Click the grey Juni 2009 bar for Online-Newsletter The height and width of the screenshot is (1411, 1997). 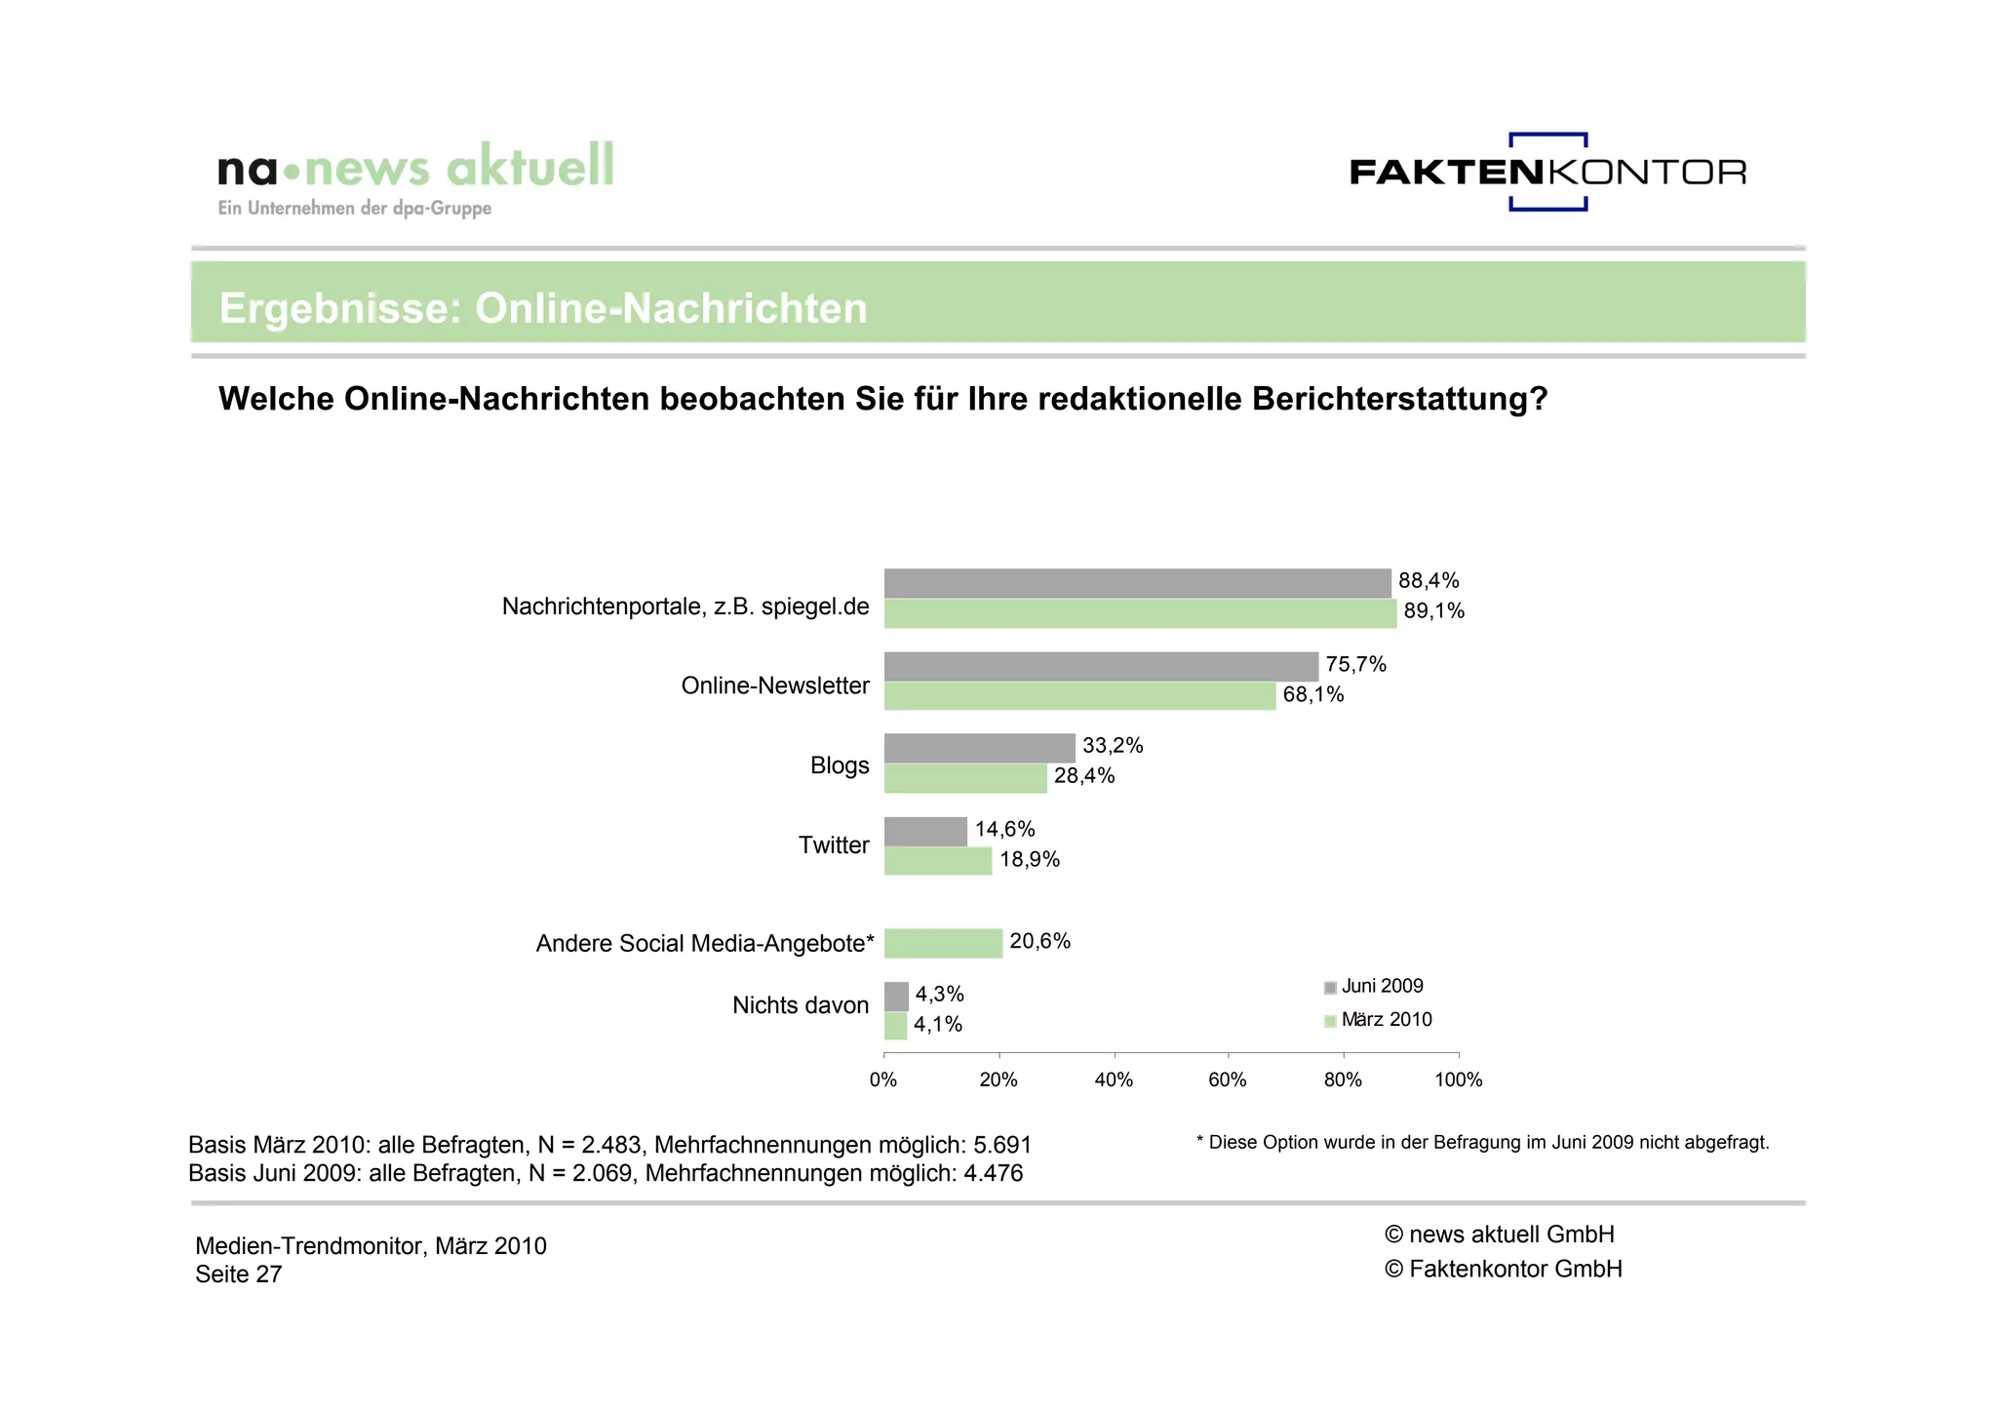click(x=1100, y=667)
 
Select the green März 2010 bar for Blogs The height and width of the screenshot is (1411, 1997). click(x=964, y=778)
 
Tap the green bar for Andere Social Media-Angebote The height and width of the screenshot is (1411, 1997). click(x=942, y=943)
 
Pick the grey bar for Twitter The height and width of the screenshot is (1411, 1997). click(x=924, y=831)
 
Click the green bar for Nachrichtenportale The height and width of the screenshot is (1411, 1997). click(x=1139, y=613)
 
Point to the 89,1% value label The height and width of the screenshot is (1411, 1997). click(x=1433, y=611)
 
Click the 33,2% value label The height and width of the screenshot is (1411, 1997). click(x=1113, y=746)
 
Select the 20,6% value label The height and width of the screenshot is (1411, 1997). click(x=1039, y=941)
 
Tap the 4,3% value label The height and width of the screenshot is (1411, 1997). click(x=939, y=994)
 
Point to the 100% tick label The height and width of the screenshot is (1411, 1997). click(x=1458, y=1079)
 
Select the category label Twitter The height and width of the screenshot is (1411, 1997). click(x=834, y=845)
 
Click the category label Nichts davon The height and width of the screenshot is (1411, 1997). click(x=800, y=1005)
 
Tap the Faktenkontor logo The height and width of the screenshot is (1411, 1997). click(x=1547, y=173)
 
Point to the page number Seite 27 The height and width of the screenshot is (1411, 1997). click(x=238, y=1274)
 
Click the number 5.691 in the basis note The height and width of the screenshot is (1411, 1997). click(x=1002, y=1145)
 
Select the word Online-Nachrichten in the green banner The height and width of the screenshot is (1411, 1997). click(x=671, y=308)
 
